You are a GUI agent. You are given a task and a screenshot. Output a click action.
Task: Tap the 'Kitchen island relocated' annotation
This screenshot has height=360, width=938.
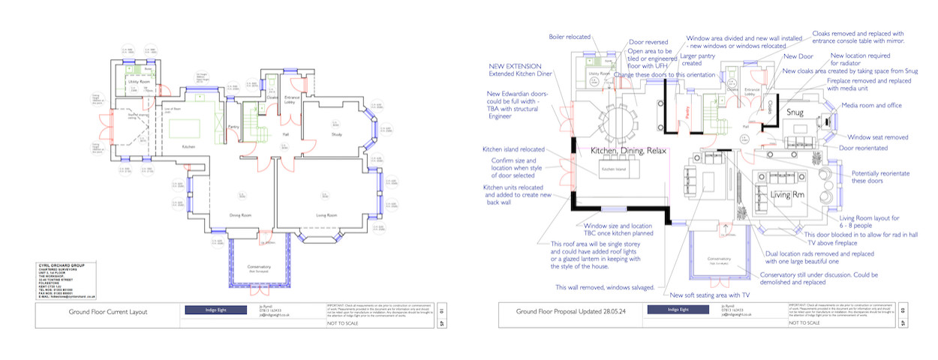tap(514, 149)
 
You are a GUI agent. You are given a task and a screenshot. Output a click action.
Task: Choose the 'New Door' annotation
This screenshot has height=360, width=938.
tap(798, 56)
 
